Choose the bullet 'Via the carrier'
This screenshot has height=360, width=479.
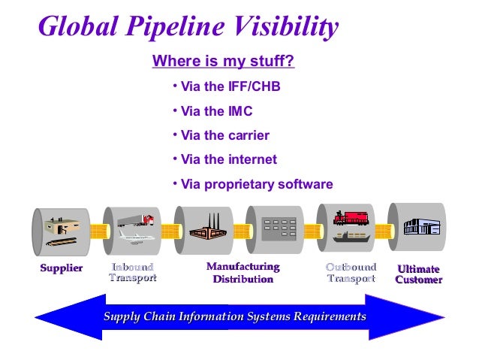coord(224,135)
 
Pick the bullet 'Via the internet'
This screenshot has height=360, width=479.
coord(228,159)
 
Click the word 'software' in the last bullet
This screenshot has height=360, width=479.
coord(301,184)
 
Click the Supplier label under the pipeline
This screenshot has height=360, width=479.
coord(62,269)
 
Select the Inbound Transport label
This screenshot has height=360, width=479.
coord(133,273)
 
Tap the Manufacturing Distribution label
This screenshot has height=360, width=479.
coord(243,273)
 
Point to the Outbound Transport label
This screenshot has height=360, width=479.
coord(351,273)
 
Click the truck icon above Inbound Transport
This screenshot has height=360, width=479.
coord(136,219)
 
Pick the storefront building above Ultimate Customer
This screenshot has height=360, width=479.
coord(418,226)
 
